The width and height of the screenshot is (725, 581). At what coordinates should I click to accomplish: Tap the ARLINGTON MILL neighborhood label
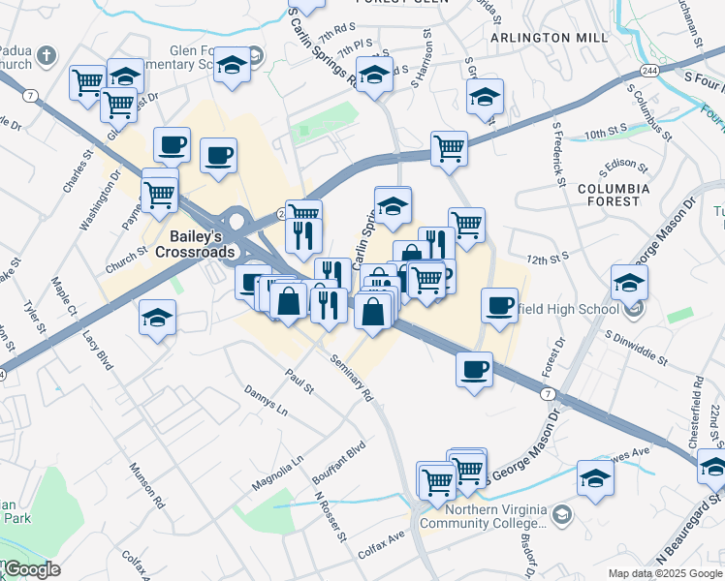[x=550, y=38]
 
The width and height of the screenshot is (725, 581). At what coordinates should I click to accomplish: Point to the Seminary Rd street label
[x=351, y=377]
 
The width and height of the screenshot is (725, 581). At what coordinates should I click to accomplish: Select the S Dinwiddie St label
[x=635, y=347]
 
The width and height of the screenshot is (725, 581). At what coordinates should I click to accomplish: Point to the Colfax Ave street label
[x=381, y=539]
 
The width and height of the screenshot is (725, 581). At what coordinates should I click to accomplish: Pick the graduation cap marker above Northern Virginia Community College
[x=595, y=476]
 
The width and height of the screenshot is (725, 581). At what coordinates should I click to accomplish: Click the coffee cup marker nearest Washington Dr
[x=172, y=144]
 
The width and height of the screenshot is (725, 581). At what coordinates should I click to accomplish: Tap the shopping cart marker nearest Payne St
[x=160, y=193]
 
